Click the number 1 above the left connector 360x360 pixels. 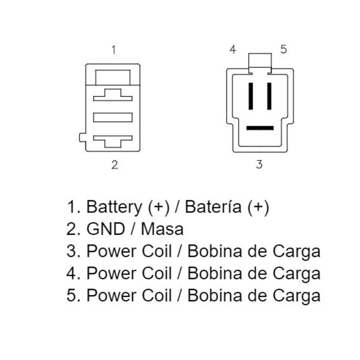click(113, 49)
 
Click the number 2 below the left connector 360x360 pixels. click(115, 165)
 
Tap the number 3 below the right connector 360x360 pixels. click(259, 165)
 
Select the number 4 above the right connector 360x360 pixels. click(233, 49)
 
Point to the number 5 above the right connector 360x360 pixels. click(283, 49)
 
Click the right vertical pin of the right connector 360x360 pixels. click(269, 96)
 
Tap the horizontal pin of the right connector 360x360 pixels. click(260, 128)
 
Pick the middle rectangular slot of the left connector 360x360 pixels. click(112, 117)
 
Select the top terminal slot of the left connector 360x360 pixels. click(112, 96)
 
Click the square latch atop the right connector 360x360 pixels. click(260, 61)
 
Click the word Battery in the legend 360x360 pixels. click(114, 207)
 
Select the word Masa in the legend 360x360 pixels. click(162, 229)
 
